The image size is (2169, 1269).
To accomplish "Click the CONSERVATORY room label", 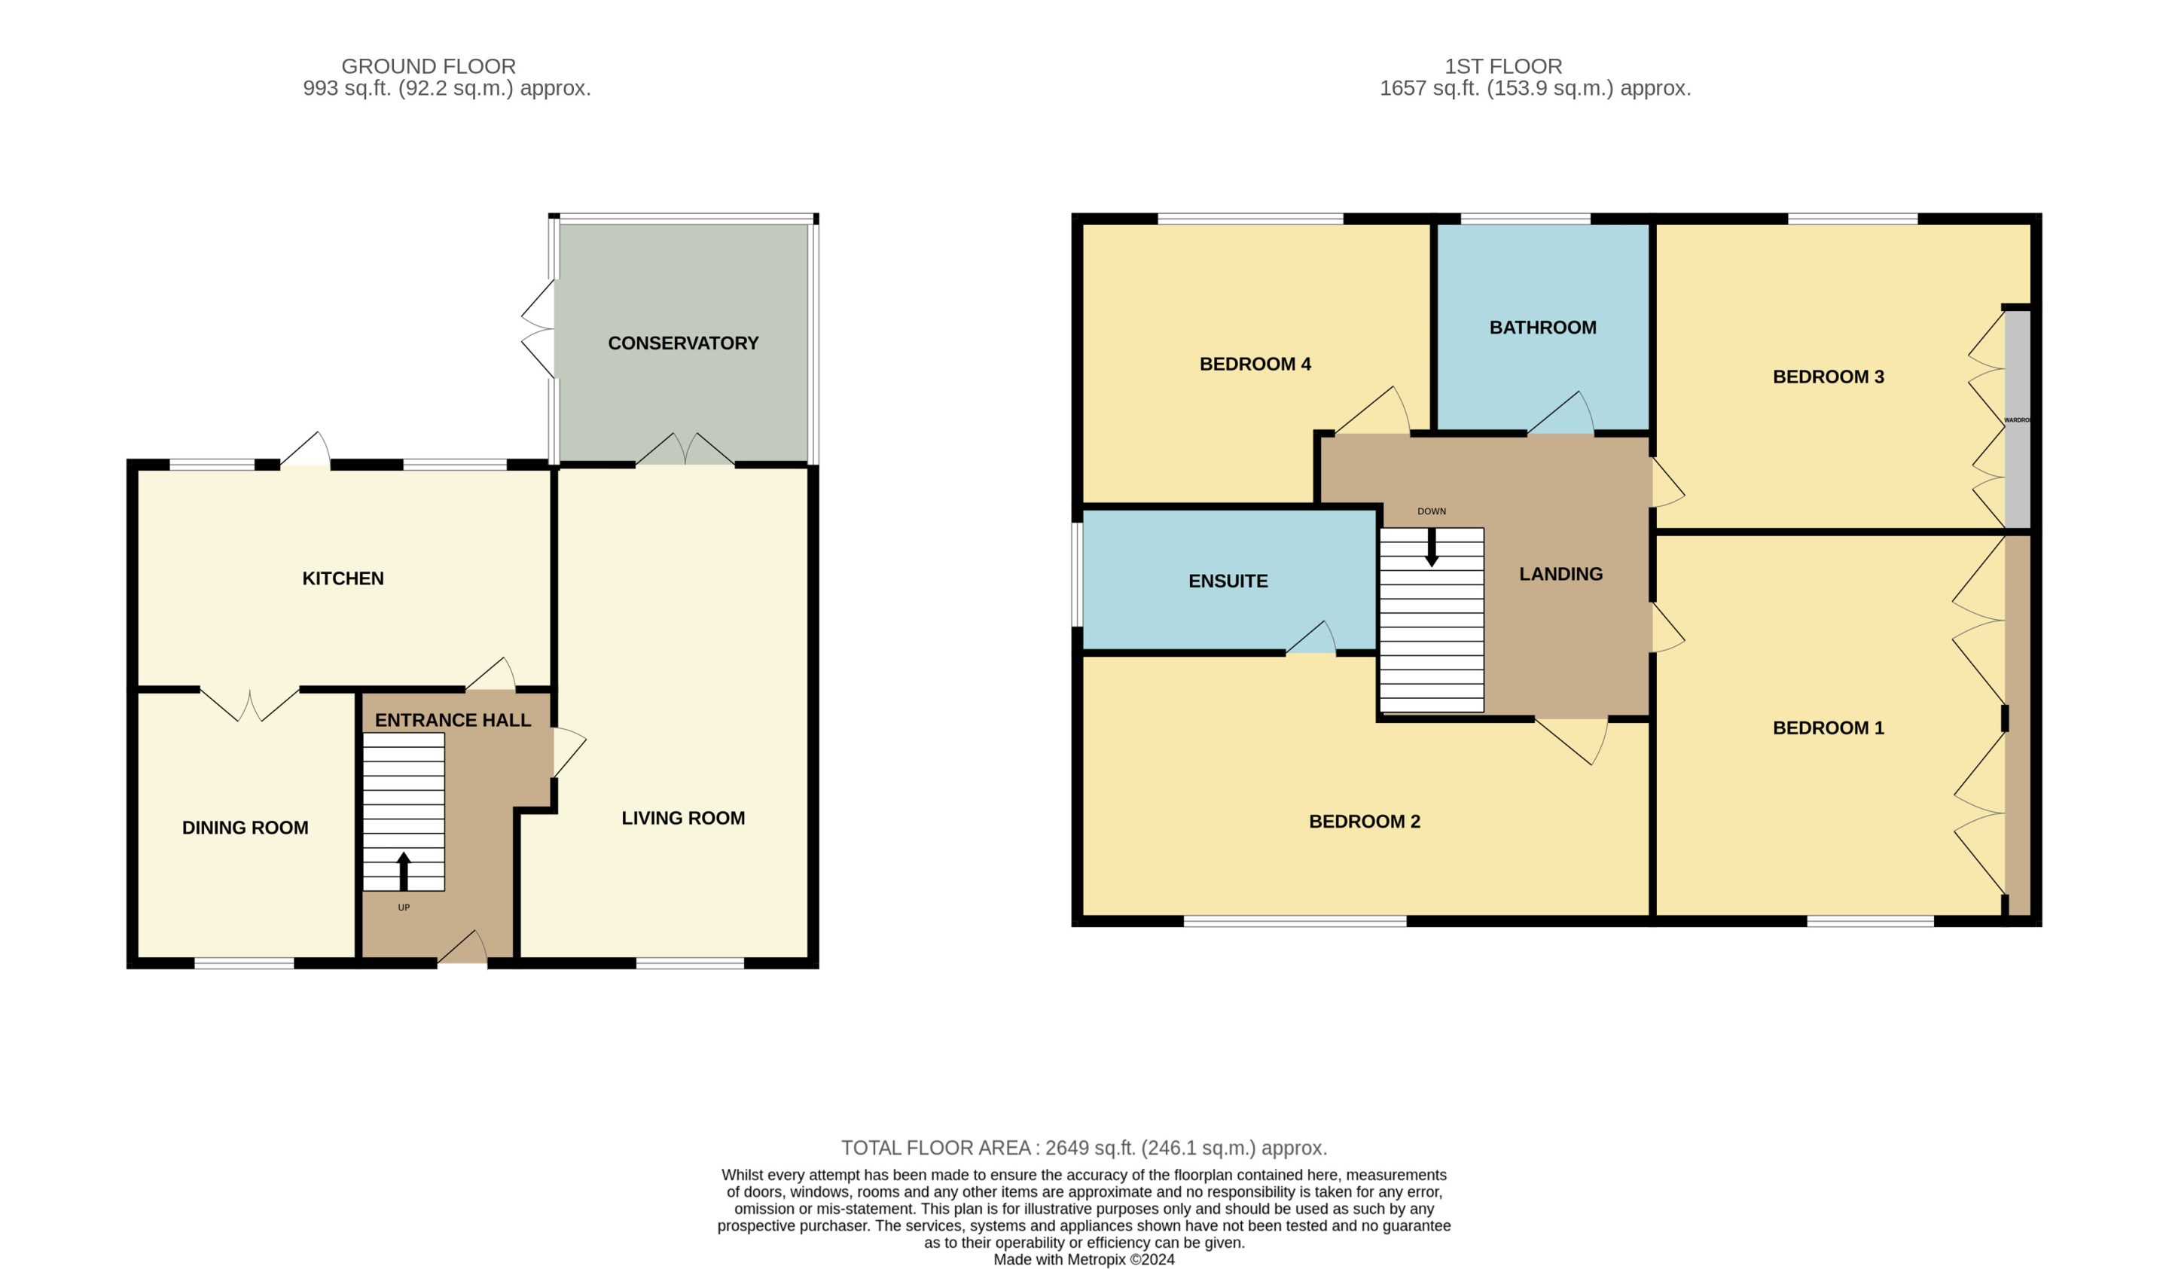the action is (x=682, y=343).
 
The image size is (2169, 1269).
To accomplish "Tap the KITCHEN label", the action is (x=343, y=578).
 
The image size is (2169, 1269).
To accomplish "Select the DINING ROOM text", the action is (x=246, y=828).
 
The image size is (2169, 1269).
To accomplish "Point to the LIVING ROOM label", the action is (x=682, y=819).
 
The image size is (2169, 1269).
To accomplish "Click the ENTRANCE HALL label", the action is (x=453, y=721).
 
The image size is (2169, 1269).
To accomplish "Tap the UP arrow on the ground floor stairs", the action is (x=403, y=871).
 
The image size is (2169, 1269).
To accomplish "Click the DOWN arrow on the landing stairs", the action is (x=1432, y=547).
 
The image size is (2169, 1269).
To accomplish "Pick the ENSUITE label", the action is (x=1228, y=582).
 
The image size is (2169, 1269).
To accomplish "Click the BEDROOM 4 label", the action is (x=1255, y=365).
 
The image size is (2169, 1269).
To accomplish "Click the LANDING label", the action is (x=1560, y=574).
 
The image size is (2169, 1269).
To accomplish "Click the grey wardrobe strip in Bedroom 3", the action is (x=2018, y=419).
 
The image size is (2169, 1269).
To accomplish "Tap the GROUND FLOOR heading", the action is (x=429, y=66).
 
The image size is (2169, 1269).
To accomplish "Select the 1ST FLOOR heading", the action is (x=1502, y=66).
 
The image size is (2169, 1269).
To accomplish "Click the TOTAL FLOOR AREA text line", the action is (x=1084, y=1148).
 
